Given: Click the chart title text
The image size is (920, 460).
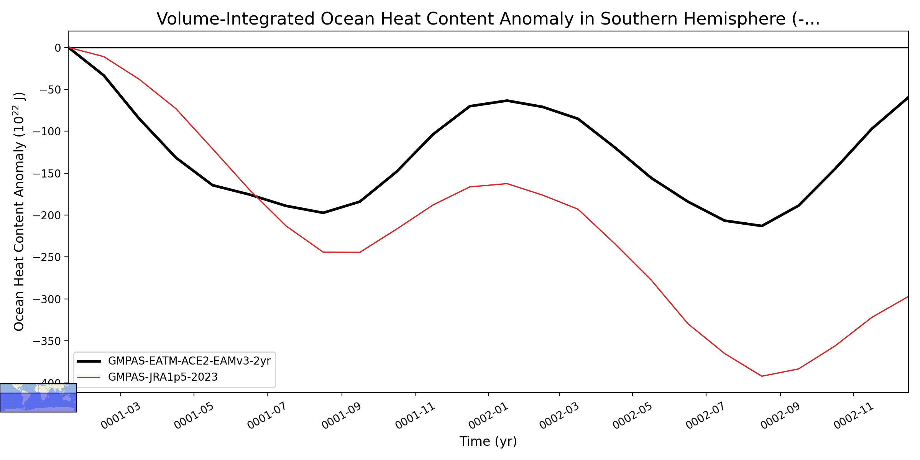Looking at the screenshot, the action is coord(488,19).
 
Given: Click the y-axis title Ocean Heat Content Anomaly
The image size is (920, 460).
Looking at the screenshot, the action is coord(20,211).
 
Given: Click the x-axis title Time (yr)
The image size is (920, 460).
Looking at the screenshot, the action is coord(488,441).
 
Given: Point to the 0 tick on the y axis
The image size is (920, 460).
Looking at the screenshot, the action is coord(58,48).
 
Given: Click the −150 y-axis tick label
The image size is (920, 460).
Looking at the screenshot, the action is coord(47,173).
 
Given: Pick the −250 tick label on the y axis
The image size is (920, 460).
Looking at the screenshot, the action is coord(47,257).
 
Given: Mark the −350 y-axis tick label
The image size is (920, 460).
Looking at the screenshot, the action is coord(47,341).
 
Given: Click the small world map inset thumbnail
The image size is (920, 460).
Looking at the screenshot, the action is coord(38,398).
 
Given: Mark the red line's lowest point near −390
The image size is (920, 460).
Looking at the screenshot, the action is coord(762,376).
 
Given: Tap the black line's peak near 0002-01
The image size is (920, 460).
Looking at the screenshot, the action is coord(507,100).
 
